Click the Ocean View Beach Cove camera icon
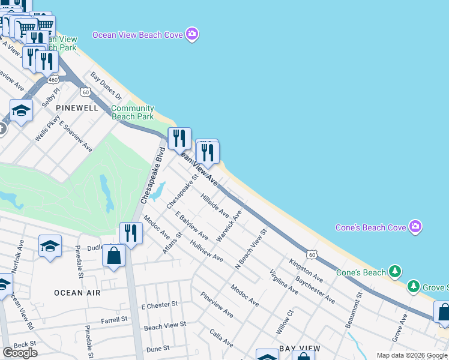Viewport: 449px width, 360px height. tap(191, 34)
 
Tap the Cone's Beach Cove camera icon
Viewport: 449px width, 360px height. tap(415, 227)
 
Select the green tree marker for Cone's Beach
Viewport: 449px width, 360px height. tap(394, 272)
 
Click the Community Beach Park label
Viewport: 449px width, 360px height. tap(133, 113)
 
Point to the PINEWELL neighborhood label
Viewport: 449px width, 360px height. tap(76, 107)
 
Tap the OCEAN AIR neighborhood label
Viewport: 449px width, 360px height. tap(77, 293)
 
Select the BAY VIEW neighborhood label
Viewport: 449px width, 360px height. tap(298, 349)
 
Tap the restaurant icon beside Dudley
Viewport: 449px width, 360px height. tap(130, 232)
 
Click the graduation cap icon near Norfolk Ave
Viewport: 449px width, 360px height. tap(50, 245)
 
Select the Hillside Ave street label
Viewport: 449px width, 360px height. tap(215, 205)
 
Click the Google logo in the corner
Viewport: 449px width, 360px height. tap(20, 352)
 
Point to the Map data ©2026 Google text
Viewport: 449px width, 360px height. tap(412, 355)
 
